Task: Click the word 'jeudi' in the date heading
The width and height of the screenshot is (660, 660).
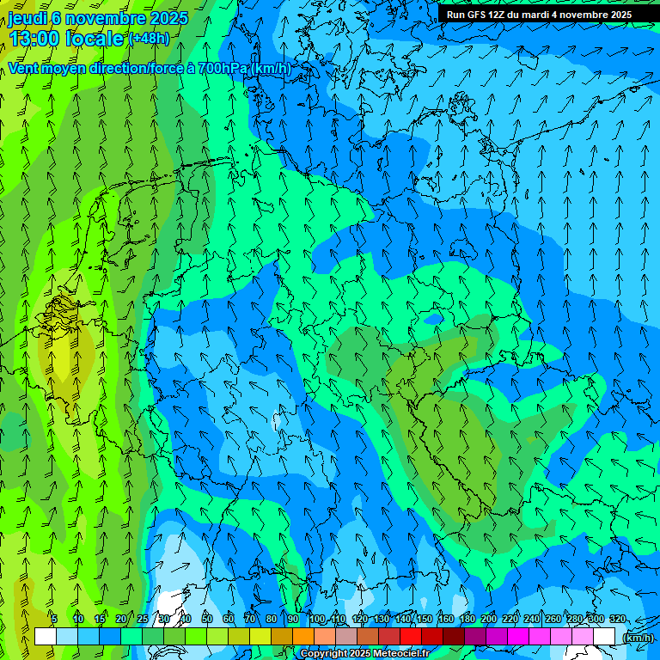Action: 27,18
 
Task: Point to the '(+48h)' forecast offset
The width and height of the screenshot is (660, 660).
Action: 149,39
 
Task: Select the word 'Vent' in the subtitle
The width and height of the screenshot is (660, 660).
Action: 23,68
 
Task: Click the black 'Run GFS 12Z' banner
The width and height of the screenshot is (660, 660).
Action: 539,15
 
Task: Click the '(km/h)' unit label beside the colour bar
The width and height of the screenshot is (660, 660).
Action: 638,638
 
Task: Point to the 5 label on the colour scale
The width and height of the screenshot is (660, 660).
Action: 54,619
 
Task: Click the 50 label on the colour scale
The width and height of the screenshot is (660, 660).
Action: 207,619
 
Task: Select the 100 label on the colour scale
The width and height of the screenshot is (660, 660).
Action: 317,619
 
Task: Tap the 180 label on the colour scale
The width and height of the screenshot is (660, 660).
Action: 467,619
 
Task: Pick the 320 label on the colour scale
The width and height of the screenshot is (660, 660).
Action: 617,619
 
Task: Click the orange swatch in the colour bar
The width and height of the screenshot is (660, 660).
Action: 303,636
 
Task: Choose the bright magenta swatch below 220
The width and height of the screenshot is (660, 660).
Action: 518,636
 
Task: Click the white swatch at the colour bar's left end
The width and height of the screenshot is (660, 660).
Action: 46,636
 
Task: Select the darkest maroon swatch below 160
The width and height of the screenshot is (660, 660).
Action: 454,636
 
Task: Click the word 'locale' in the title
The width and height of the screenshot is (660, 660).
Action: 94,39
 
